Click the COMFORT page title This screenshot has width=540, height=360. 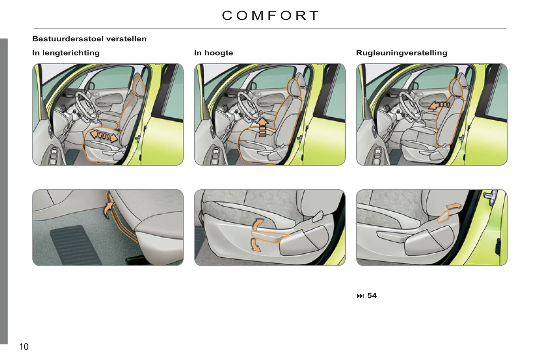coord(270,16)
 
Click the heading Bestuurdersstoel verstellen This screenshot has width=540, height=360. coord(89,39)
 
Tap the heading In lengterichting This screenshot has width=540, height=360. coord(66,53)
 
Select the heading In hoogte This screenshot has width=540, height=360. coord(214,53)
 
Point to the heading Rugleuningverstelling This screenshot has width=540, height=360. coord(402,53)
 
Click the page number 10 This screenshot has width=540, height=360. coord(24,347)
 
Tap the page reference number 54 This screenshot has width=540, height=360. coord(372,296)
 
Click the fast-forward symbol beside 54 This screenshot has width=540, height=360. coord(360,296)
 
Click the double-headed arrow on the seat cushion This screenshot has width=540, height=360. coord(104,136)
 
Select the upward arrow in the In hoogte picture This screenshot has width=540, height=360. coord(263,127)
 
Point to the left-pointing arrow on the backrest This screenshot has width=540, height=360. coord(439,106)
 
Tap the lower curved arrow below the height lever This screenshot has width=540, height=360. coord(256,245)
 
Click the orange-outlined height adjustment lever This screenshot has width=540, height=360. coord(269,237)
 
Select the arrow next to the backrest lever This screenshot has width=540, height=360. coord(453,206)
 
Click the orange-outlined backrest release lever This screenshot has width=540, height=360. coord(443,216)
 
